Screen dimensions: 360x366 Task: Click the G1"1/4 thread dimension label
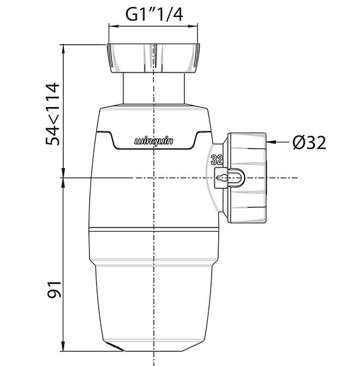(154, 14)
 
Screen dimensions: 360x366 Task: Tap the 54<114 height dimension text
(53, 114)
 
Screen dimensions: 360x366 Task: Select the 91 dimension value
(54, 290)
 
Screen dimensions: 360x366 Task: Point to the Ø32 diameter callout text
(309, 142)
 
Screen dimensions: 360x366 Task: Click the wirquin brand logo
(154, 141)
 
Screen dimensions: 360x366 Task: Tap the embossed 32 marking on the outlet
(217, 160)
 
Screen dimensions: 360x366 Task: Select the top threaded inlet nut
(153, 58)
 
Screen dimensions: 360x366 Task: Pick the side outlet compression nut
(244, 178)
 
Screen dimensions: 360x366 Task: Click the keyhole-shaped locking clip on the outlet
(229, 178)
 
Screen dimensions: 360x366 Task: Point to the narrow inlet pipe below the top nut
(154, 88)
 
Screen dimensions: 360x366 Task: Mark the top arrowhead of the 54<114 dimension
(63, 49)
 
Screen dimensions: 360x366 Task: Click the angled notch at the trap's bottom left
(113, 346)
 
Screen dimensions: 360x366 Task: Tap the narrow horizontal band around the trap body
(154, 229)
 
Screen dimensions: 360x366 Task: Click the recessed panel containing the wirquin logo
(154, 140)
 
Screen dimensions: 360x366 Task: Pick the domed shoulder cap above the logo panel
(154, 118)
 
